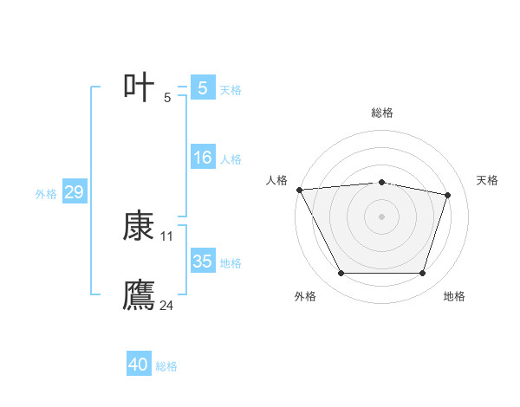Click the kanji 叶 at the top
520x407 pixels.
[x=140, y=87]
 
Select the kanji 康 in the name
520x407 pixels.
[x=140, y=227]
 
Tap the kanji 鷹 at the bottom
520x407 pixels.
[x=140, y=294]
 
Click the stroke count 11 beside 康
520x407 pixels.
[x=167, y=236]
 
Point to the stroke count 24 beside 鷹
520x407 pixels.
[x=167, y=305]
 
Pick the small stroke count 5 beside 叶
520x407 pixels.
[x=167, y=97]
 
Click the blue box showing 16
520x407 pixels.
[x=203, y=158]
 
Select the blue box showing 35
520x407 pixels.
[x=203, y=262]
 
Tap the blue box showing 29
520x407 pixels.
[x=74, y=192]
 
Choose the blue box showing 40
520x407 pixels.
[x=139, y=365]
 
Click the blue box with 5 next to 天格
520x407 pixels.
[x=203, y=88]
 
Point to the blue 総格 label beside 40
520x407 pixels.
[x=166, y=366]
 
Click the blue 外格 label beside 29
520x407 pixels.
[x=46, y=194]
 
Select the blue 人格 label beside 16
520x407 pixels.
[x=231, y=159]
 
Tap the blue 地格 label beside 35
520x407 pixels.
[x=231, y=263]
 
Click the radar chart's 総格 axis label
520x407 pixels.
[x=381, y=113]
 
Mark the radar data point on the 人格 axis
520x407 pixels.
[x=299, y=190]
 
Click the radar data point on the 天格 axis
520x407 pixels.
[x=448, y=195]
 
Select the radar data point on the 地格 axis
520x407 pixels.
[x=422, y=274]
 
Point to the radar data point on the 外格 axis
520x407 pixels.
[x=341, y=274]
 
